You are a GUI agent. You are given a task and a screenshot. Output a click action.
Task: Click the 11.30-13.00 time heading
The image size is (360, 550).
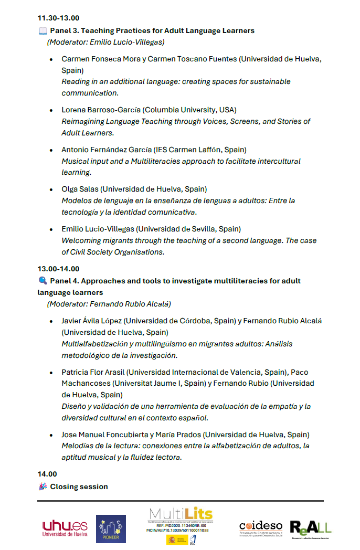pos(58,18)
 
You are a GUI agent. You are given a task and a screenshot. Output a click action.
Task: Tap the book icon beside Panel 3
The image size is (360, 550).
pos(43,31)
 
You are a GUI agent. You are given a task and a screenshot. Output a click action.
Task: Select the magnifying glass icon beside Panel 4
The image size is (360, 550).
pos(43,281)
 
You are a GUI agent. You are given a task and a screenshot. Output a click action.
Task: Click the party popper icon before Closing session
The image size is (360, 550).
pos(43,486)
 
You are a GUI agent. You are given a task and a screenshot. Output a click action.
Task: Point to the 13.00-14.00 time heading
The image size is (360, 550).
pos(58,269)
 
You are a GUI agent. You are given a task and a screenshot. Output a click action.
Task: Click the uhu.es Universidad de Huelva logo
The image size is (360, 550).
pos(65,528)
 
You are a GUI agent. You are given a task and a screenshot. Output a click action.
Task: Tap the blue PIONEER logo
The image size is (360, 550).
pos(111,528)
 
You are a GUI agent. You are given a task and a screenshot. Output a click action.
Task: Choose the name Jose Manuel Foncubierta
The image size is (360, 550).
pos(111,435)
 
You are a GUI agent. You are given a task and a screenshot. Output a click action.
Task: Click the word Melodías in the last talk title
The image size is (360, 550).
pos(77,446)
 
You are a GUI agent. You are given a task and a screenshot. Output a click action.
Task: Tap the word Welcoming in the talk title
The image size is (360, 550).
pos(80,240)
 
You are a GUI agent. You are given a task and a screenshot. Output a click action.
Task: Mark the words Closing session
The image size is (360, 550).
pos(79,486)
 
